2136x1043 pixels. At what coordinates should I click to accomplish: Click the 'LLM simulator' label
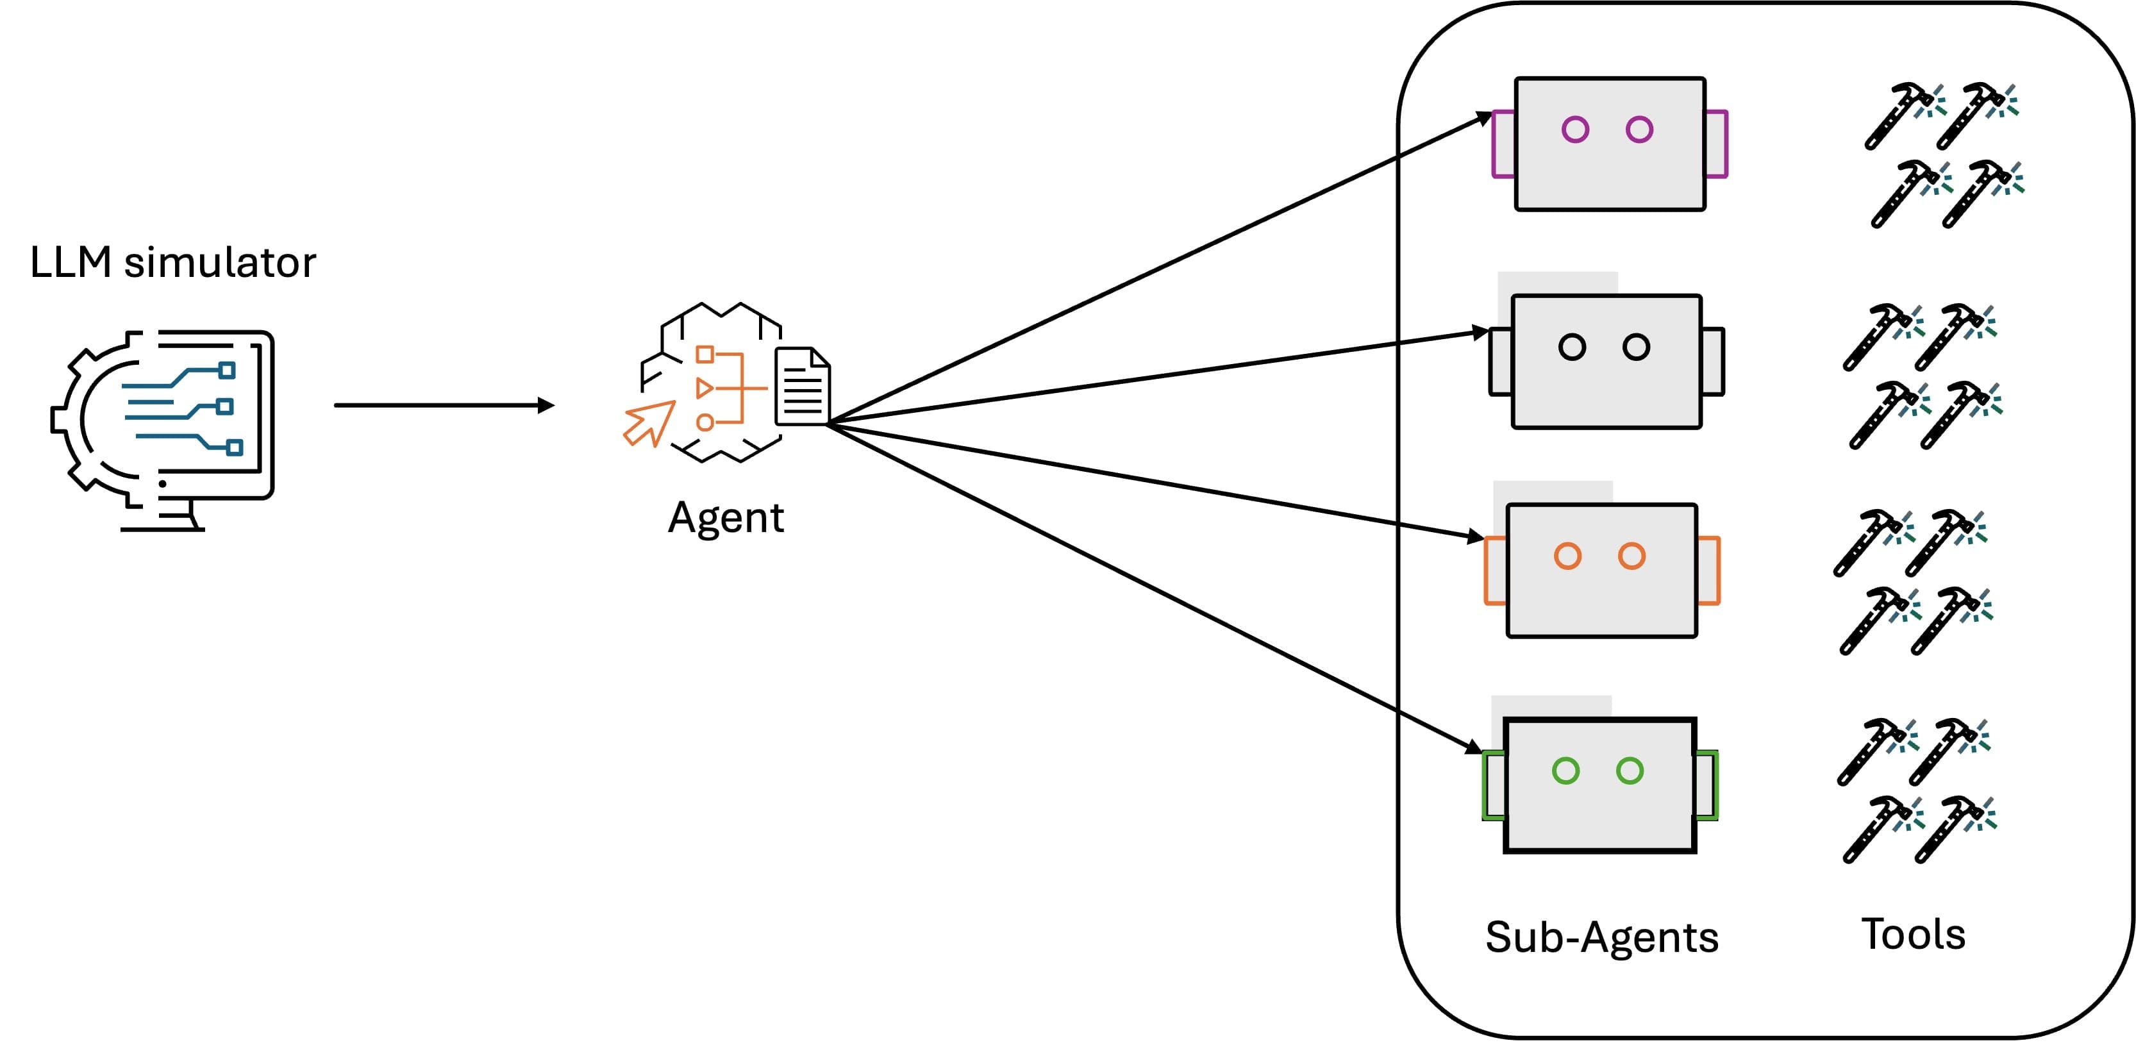[x=172, y=263]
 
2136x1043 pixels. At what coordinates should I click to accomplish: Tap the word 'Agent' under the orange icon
[x=726, y=518]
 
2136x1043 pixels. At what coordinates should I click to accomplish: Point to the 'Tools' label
[x=1913, y=935]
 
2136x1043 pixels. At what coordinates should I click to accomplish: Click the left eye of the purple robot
[x=1574, y=129]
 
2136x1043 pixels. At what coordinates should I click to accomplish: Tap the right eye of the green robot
[x=1630, y=771]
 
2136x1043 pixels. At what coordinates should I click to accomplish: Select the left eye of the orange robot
[x=1567, y=556]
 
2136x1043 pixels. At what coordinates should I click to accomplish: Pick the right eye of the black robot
[x=1636, y=347]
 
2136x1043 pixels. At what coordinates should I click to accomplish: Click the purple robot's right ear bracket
[x=1717, y=144]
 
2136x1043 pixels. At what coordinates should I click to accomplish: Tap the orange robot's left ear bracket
[x=1494, y=571]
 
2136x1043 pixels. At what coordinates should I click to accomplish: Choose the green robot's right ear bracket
[x=1707, y=785]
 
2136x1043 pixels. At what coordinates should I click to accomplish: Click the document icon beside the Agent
[x=802, y=387]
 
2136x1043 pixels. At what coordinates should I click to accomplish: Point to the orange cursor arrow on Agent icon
[x=649, y=423]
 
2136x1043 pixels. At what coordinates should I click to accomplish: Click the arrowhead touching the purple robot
[x=1483, y=119]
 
